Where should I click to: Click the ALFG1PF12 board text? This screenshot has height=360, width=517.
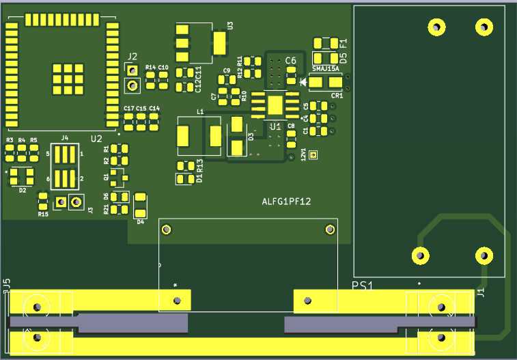287,202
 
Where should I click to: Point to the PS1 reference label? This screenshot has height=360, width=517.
363,286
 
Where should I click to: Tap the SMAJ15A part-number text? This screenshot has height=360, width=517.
326,69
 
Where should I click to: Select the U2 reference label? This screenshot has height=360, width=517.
96,139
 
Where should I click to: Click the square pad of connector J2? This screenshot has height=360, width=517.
132,70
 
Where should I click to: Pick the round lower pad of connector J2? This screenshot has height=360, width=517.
132,85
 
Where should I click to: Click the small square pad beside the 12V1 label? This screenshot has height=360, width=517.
313,155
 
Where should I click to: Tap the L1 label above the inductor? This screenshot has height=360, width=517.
200,111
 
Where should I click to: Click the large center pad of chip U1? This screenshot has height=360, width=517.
275,105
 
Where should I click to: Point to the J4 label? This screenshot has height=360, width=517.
65,138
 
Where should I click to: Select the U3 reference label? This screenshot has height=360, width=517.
230,25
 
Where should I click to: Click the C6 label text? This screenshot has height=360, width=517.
291,61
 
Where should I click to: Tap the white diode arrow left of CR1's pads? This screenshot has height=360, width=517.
303,82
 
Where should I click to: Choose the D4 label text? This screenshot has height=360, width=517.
140,221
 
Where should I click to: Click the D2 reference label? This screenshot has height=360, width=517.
22,191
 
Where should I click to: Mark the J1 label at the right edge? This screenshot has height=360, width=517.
480,293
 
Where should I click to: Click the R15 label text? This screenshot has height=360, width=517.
43,214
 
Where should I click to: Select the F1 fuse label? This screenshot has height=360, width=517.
343,42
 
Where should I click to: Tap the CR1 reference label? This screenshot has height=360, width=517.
337,96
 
